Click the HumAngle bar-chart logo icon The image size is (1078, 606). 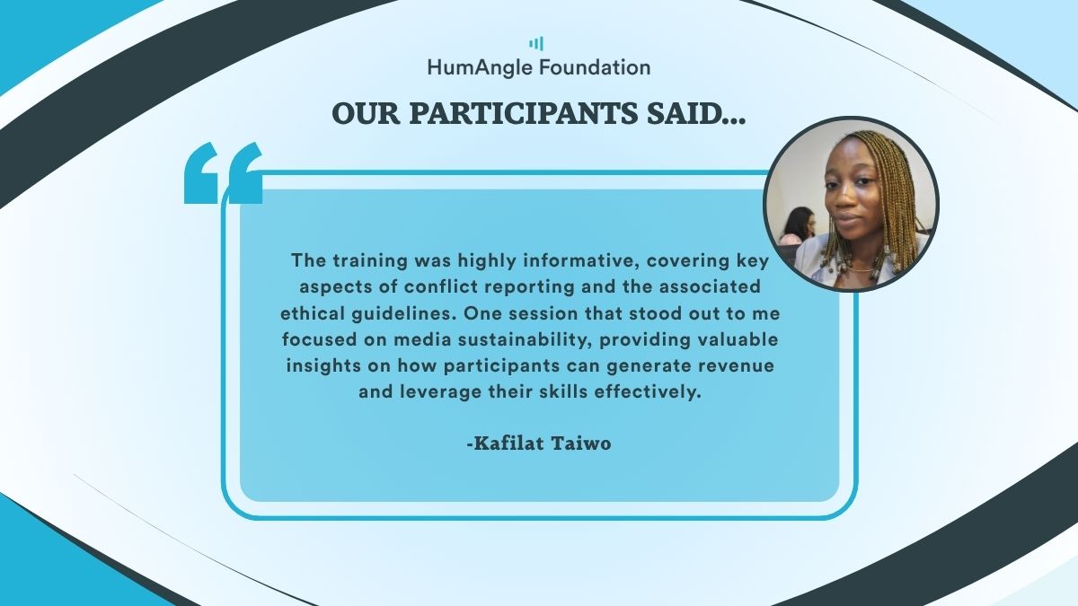pos(536,44)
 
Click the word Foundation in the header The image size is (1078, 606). pos(595,67)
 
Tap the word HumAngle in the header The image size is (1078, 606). pos(481,68)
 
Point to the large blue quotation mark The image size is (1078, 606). pos(224,172)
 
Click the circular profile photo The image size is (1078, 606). pos(851,204)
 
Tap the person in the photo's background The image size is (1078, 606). pos(798,226)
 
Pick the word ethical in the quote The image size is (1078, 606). pos(313,313)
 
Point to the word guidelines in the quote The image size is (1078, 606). pos(403,313)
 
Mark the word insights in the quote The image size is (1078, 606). pos(323,366)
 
